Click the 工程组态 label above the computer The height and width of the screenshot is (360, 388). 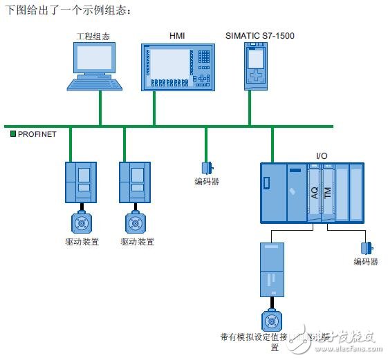(x=92, y=35)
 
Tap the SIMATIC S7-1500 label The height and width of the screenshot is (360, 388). (x=259, y=35)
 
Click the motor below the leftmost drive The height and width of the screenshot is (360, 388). (x=81, y=222)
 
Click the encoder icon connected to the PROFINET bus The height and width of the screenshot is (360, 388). (x=206, y=167)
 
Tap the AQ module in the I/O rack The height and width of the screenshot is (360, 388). (x=314, y=193)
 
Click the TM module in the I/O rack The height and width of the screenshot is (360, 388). (x=328, y=193)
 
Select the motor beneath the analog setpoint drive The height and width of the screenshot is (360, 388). (x=270, y=319)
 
